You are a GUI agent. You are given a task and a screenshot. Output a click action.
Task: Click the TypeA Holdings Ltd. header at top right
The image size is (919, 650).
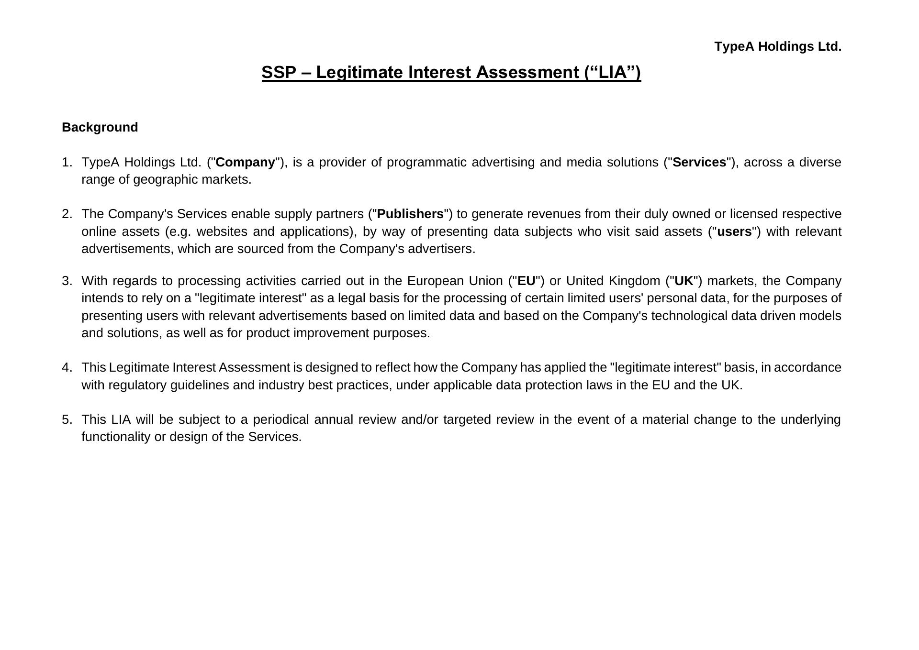click(x=777, y=47)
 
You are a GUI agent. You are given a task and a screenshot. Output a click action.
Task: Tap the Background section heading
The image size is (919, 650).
click(x=100, y=127)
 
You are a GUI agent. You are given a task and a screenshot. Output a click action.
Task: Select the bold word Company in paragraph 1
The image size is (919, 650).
click(x=246, y=162)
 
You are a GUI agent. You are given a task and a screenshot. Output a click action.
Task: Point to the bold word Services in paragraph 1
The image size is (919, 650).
click(x=699, y=162)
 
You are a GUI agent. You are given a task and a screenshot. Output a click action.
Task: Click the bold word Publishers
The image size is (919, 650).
click(x=410, y=214)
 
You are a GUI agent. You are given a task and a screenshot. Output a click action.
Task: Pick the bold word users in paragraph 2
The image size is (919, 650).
click(x=734, y=231)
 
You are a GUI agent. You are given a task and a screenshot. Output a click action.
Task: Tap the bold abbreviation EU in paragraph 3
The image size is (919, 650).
click(x=526, y=281)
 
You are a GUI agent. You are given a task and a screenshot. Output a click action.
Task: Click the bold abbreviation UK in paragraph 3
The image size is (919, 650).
click(x=684, y=281)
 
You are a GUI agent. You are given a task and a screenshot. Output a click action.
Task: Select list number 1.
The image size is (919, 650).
click(x=67, y=162)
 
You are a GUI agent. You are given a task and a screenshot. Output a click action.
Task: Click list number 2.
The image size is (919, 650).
click(x=67, y=214)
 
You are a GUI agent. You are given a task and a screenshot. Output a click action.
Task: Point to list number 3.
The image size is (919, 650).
click(x=67, y=281)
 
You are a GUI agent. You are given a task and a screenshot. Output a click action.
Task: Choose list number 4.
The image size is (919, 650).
click(x=67, y=367)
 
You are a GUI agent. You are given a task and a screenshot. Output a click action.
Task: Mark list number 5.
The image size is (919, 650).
click(x=67, y=419)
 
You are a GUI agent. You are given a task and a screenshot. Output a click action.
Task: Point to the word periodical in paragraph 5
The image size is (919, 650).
click(x=280, y=419)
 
